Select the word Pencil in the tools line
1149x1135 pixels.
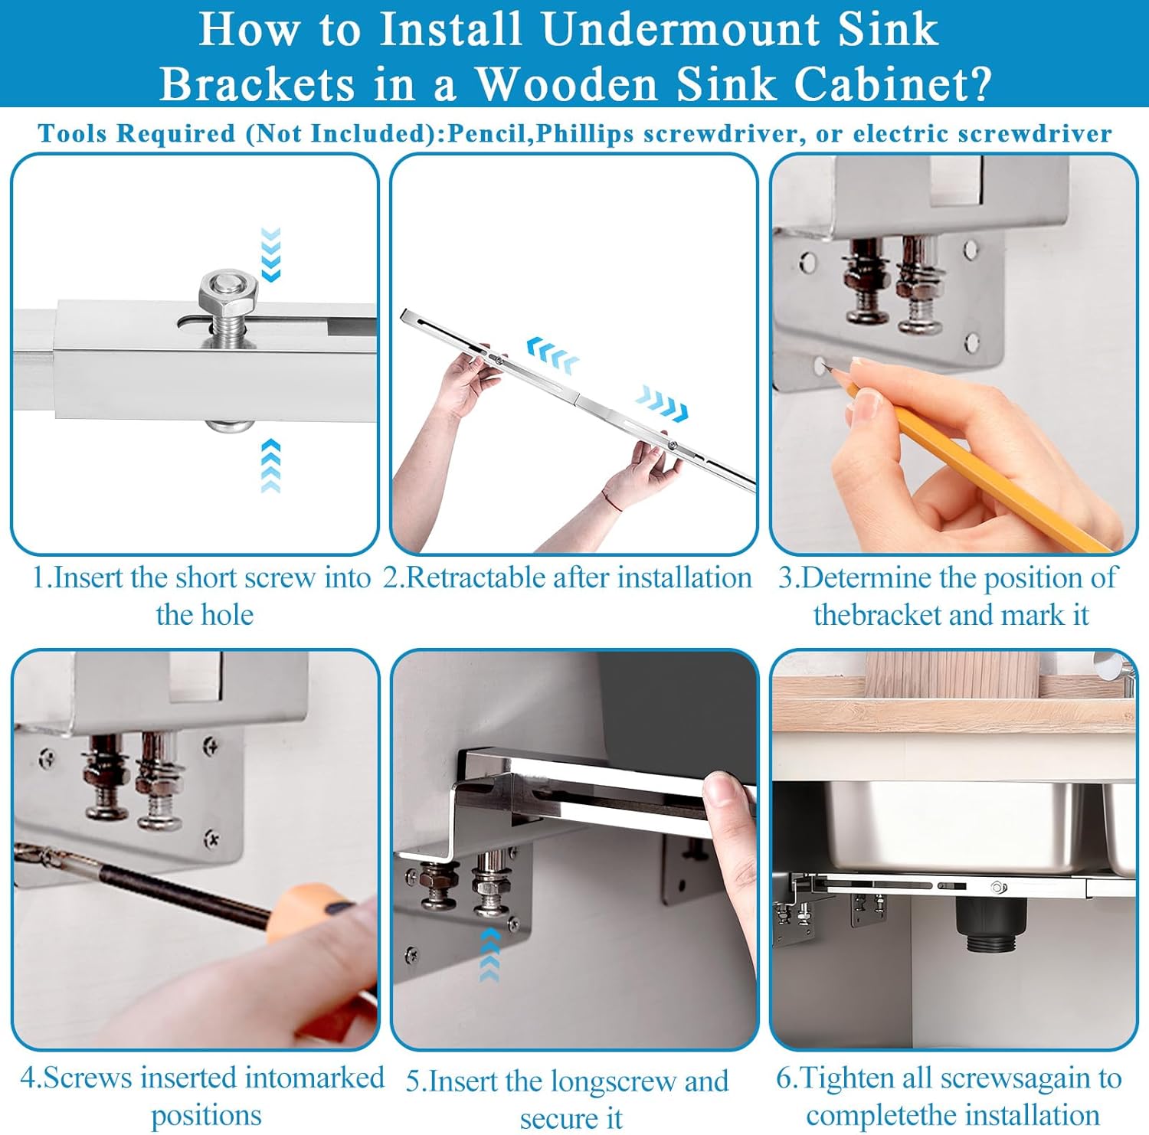pyautogui.click(x=489, y=133)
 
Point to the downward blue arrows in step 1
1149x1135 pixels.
pyautogui.click(x=270, y=254)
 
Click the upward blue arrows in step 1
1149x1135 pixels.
pyautogui.click(x=270, y=466)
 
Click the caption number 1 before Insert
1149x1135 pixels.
pyautogui.click(x=40, y=578)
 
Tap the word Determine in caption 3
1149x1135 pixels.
pyautogui.click(x=866, y=578)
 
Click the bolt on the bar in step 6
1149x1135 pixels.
pyautogui.click(x=997, y=887)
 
